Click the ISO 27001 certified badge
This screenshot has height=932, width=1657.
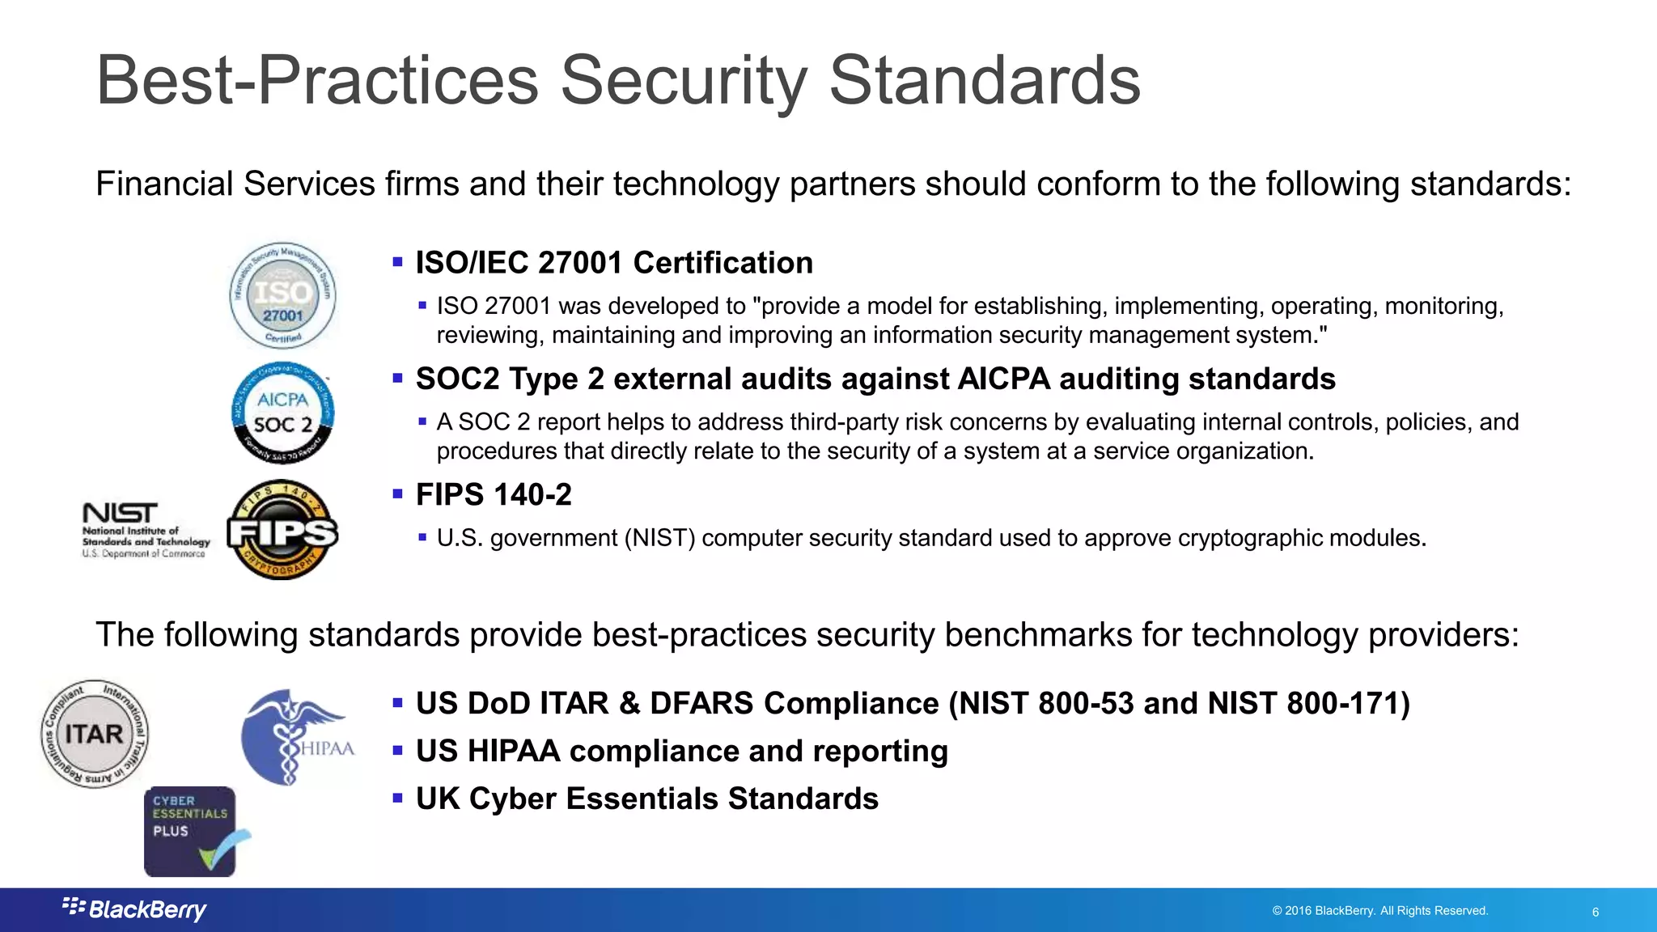click(282, 295)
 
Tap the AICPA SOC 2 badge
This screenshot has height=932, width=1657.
click(282, 413)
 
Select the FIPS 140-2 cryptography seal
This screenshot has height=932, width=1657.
click(282, 530)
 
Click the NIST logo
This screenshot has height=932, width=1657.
click(146, 530)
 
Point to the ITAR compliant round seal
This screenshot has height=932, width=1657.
click(95, 734)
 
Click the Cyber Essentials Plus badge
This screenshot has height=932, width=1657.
click(192, 831)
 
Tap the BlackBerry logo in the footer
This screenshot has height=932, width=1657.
click(135, 909)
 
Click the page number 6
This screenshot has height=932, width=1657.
click(1595, 912)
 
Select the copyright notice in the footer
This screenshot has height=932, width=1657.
click(1379, 910)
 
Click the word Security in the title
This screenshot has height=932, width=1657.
click(684, 80)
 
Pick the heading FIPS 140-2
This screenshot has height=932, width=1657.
click(494, 494)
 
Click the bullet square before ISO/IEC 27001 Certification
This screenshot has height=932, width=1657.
click(397, 262)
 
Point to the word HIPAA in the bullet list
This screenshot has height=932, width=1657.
click(514, 751)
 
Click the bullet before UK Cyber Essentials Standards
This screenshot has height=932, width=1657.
click(397, 798)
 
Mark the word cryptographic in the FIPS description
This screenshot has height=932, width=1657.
click(1251, 538)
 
